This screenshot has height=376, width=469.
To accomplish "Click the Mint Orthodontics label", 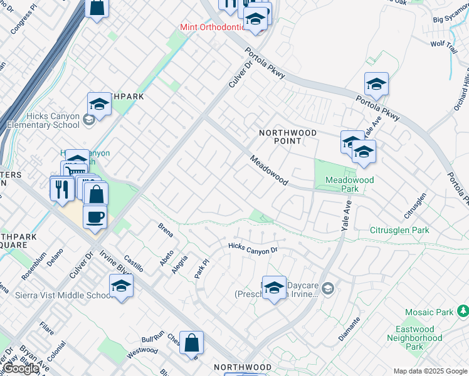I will coord(211,27).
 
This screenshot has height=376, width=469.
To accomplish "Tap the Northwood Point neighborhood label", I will coord(288,137).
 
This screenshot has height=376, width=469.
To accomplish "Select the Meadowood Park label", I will coord(349,184).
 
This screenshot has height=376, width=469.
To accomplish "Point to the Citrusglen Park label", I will coord(399,230).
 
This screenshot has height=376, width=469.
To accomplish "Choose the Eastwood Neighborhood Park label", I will coord(414,338).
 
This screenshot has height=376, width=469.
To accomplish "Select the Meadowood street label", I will coord(268,170).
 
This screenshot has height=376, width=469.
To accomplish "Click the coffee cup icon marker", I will coord(95,217).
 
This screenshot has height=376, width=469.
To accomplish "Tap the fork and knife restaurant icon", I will coord(61,189).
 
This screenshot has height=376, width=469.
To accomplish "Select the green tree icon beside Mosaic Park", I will coord(463,311).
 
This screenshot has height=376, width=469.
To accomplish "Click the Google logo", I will coord(21,368).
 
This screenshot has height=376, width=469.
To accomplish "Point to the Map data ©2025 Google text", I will coord(429,370).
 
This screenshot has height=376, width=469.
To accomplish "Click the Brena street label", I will coord(165,229).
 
